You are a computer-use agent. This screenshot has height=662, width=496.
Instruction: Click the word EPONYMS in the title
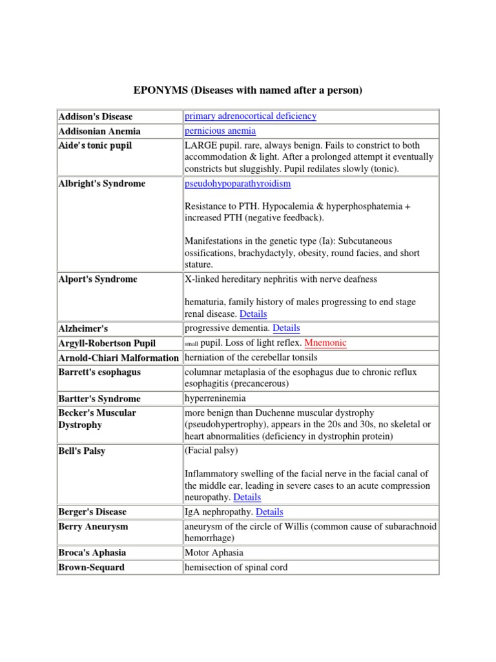pyautogui.click(x=160, y=91)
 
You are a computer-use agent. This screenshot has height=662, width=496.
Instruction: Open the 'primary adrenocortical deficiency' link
pyautogui.click(x=251, y=116)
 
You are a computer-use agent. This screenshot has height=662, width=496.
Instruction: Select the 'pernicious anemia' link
pyautogui.click(x=220, y=131)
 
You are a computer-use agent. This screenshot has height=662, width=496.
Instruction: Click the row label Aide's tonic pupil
pyautogui.click(x=95, y=145)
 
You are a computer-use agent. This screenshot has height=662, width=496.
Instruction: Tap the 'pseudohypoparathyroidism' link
pyautogui.click(x=238, y=184)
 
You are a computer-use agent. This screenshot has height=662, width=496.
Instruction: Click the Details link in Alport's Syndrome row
pyautogui.click(x=253, y=314)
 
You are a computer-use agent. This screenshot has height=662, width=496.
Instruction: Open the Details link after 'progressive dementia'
pyautogui.click(x=286, y=328)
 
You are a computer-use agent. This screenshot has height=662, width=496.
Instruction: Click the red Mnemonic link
pyautogui.click(x=325, y=343)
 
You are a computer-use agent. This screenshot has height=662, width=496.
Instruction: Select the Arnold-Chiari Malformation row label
pyautogui.click(x=118, y=358)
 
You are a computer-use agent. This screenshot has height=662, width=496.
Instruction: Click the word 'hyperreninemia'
pyautogui.click(x=215, y=398)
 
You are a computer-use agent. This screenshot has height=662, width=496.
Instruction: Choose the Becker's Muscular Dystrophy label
pyautogui.click(x=98, y=419)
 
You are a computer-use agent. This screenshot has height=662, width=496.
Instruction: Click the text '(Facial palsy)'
pyautogui.click(x=211, y=450)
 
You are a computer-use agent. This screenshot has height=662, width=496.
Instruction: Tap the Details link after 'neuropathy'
pyautogui.click(x=247, y=497)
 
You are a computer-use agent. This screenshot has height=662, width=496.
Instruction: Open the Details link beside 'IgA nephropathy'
pyautogui.click(x=269, y=511)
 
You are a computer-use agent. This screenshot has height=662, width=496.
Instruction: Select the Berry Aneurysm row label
pyautogui.click(x=93, y=526)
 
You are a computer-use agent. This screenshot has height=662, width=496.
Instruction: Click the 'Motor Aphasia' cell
pyautogui.click(x=214, y=553)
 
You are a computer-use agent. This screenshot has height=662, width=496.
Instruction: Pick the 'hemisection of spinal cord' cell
pyautogui.click(x=236, y=567)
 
